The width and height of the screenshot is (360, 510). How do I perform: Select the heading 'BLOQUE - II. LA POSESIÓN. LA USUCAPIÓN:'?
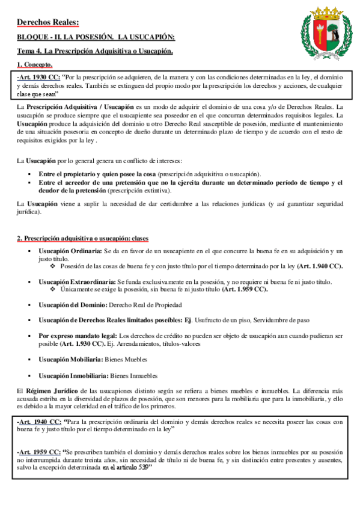tap(96, 38)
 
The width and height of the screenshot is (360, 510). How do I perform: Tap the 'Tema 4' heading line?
tap(95, 51)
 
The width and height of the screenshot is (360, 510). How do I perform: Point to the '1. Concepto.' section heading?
tap(35, 64)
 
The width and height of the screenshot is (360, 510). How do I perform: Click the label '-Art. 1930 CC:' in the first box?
tap(38, 78)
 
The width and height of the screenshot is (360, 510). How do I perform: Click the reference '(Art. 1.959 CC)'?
tap(244, 289)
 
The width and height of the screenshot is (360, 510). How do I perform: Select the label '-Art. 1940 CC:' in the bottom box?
tap(38, 423)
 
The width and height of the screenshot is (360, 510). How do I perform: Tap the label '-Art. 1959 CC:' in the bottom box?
tap(38, 450)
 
